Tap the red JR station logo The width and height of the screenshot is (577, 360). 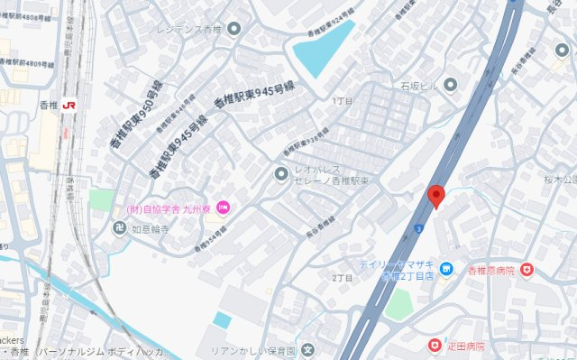(69, 106)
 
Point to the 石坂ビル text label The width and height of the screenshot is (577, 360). (419, 85)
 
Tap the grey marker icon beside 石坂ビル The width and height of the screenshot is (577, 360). (451, 85)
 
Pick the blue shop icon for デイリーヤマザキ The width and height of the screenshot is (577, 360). (445, 269)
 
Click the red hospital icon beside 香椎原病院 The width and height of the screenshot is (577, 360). (527, 270)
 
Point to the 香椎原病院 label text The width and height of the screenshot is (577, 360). (490, 270)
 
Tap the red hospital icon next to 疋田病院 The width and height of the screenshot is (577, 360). (435, 346)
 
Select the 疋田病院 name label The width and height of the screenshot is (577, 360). (467, 346)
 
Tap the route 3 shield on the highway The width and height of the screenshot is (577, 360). (419, 228)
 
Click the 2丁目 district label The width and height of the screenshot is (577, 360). (342, 277)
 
